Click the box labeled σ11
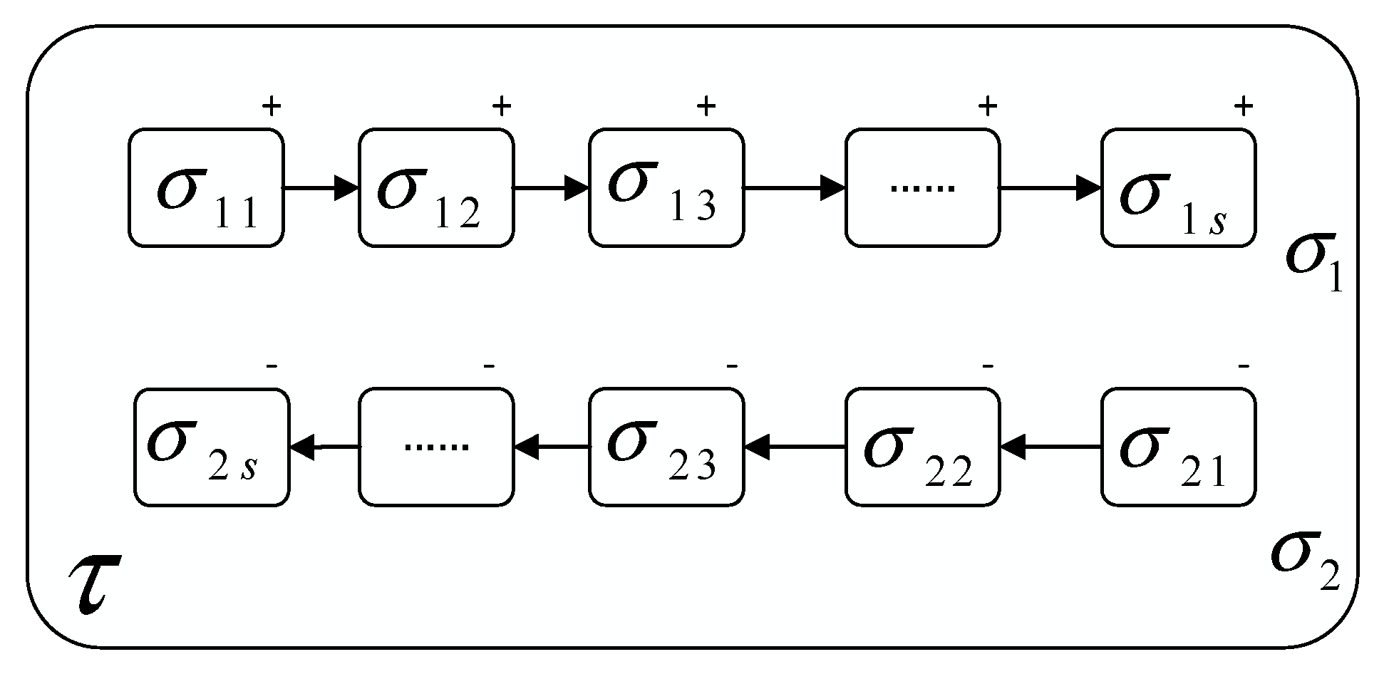coord(206,188)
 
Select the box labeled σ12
coord(435,188)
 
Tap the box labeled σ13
coord(666,188)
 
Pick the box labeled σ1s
coord(1178,188)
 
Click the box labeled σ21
coord(1178,447)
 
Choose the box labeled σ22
coord(922,447)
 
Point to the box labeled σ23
coord(666,447)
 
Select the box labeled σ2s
coord(212,447)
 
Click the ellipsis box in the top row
coord(922,188)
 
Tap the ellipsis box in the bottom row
coord(435,447)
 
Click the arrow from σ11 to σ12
coord(321,188)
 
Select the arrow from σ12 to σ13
coord(550,188)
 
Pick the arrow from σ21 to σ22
coord(1050,447)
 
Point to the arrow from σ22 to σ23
coord(794,447)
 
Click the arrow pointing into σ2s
coord(324,447)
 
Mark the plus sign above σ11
coord(272,107)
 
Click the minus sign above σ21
coord(1244,367)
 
